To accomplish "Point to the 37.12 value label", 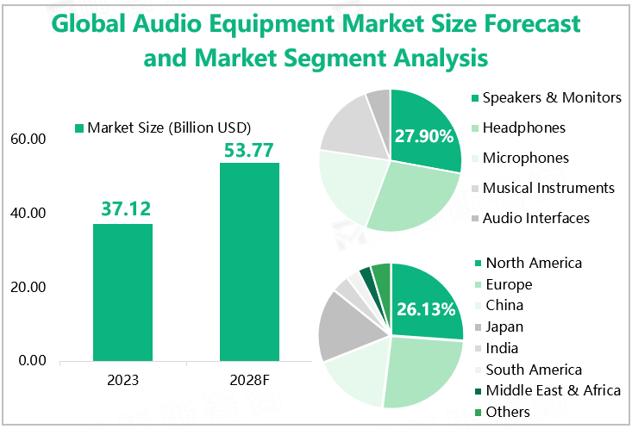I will [122, 208].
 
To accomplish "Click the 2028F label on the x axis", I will [249, 379].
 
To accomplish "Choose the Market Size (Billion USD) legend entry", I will [169, 128].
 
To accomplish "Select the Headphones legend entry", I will [523, 127].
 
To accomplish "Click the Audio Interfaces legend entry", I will [535, 218].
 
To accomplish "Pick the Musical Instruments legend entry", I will [548, 188].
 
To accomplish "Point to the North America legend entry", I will [533, 263].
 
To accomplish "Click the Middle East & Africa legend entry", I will [552, 390].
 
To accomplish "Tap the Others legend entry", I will [508, 412].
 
